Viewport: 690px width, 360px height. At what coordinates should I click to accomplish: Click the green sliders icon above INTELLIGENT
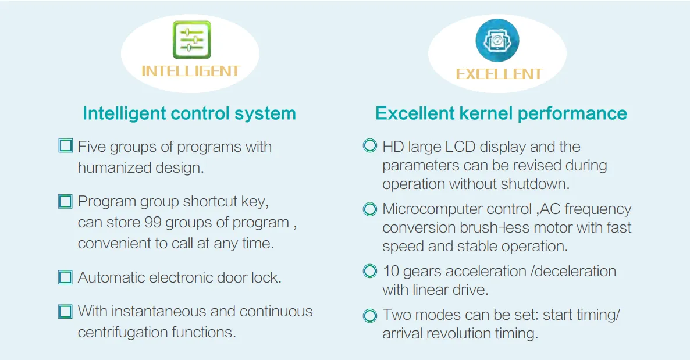click(x=192, y=40)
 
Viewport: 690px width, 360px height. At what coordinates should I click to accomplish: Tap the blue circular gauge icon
click(x=497, y=41)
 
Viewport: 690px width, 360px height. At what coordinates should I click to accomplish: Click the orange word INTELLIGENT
click(x=191, y=72)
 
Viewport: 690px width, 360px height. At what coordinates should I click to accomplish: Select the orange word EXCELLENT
click(x=499, y=74)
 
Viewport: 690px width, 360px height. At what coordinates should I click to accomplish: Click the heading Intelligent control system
click(x=189, y=113)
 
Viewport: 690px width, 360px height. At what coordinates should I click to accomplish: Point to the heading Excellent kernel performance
click(x=501, y=113)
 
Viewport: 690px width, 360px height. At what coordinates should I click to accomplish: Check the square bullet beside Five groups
click(x=66, y=145)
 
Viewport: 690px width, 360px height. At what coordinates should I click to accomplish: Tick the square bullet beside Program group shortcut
click(x=65, y=202)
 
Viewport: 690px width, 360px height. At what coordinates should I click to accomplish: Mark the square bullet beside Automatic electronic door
click(x=65, y=277)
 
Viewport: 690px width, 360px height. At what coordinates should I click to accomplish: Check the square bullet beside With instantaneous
click(x=65, y=312)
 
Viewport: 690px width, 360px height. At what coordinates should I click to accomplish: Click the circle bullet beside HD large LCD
click(x=370, y=145)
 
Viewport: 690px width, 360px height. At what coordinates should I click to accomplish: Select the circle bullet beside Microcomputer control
click(x=370, y=209)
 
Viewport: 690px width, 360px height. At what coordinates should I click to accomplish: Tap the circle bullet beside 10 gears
click(x=370, y=271)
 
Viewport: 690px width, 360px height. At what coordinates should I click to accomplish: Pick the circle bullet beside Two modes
click(x=370, y=316)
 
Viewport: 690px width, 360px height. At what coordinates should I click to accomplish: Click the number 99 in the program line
click(x=153, y=223)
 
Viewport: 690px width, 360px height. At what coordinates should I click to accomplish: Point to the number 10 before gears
click(x=391, y=271)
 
